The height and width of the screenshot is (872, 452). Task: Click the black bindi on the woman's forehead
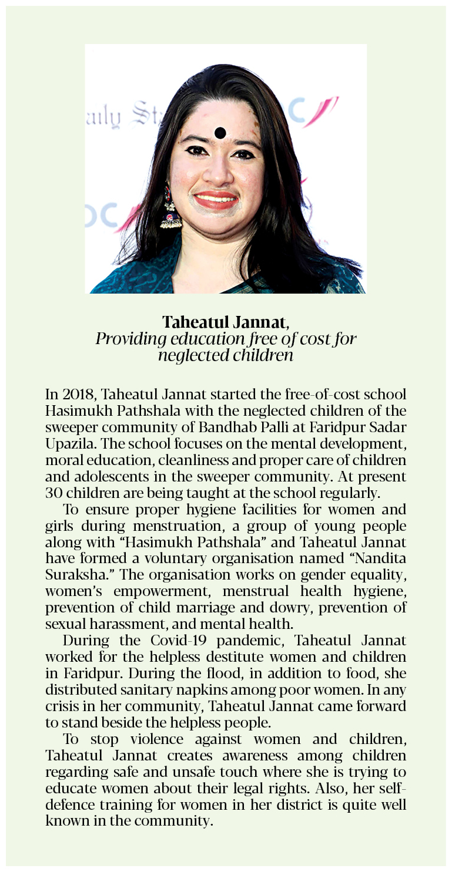click(220, 133)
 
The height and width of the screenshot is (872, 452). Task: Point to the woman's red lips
click(216, 200)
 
